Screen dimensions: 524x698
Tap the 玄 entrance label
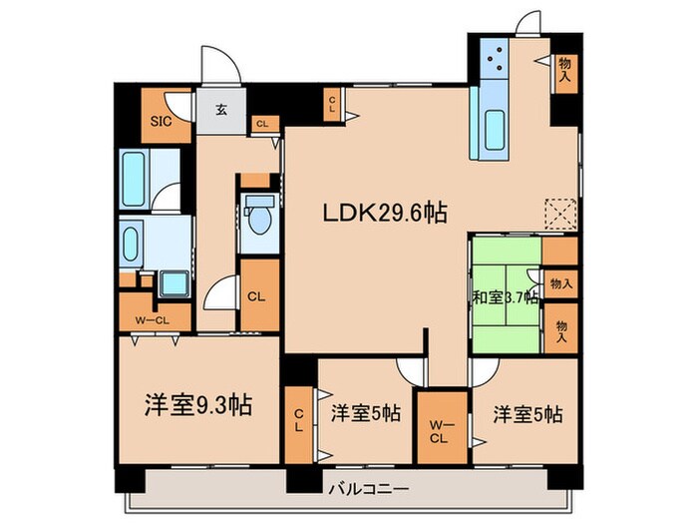pyautogui.click(x=219, y=111)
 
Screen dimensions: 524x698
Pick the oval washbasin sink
pyautogui.click(x=134, y=241)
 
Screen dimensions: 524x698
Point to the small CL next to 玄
pyautogui.click(x=261, y=124)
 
